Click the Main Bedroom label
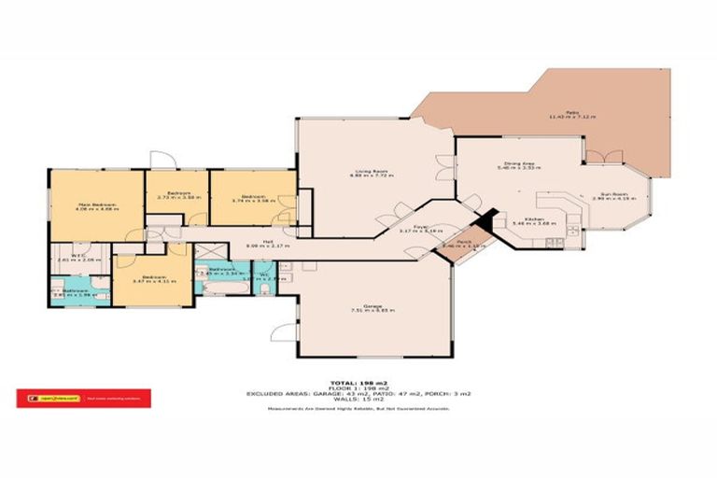(96, 207)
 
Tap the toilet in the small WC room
(268, 290)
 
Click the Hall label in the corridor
(253, 245)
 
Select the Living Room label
(371, 174)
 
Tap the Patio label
(571, 116)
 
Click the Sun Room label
(617, 197)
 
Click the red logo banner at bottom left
(84, 399)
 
